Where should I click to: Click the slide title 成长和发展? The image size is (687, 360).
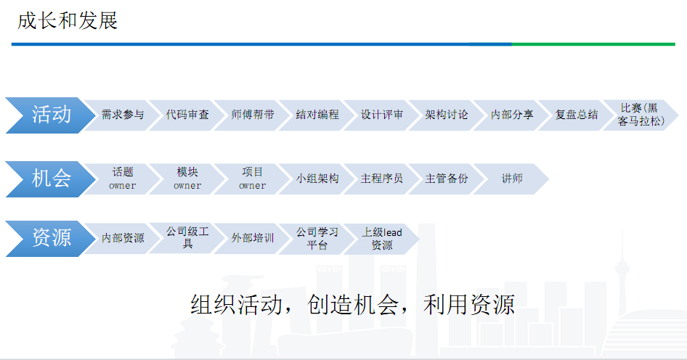[x=68, y=21]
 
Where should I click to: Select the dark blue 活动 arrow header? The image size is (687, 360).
[x=51, y=115]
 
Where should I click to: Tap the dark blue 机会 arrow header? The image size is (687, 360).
[x=51, y=179]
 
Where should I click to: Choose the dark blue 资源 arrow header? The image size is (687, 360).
[x=51, y=239]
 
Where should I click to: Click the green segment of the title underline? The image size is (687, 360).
[x=593, y=44]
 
